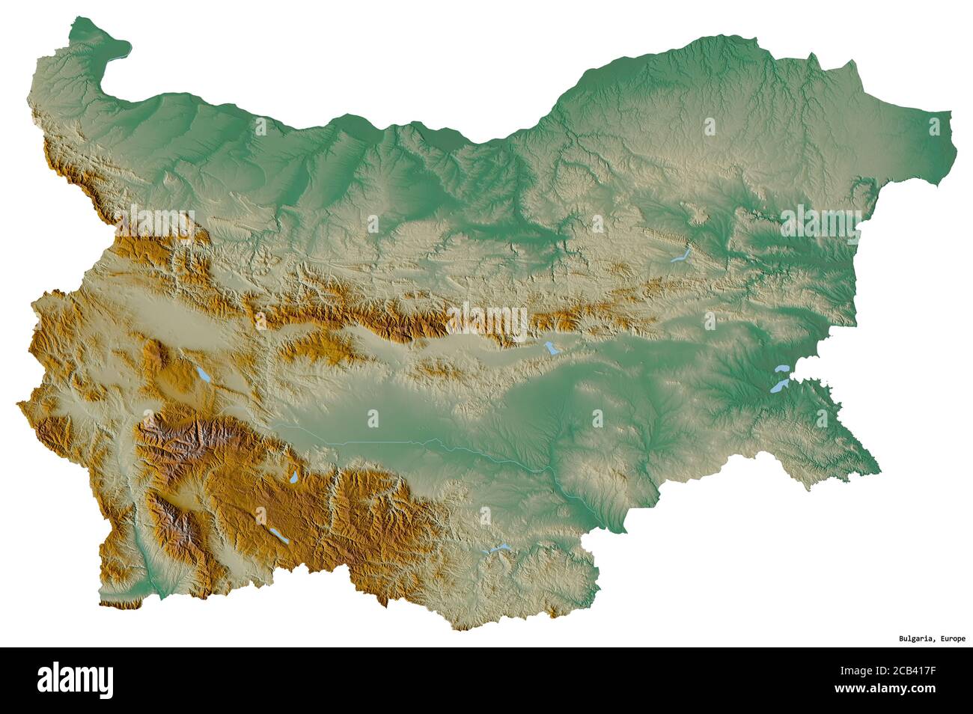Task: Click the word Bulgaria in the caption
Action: click(x=915, y=638)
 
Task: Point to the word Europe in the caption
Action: click(x=951, y=638)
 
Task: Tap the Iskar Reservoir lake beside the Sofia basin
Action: click(x=202, y=374)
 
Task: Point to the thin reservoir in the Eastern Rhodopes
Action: click(x=496, y=549)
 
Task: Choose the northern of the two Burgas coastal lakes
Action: click(x=783, y=369)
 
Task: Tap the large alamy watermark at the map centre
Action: click(x=487, y=319)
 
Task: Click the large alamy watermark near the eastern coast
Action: click(x=820, y=222)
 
